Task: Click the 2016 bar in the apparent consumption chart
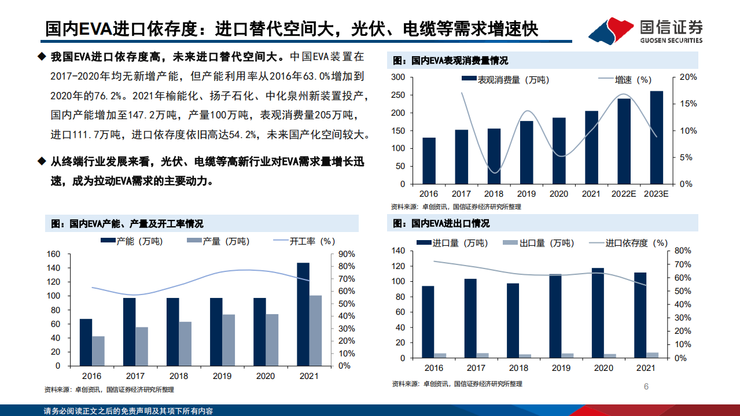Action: [429, 160]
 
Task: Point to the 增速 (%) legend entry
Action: [633, 80]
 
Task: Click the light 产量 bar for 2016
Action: [98, 351]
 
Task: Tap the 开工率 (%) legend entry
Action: [312, 241]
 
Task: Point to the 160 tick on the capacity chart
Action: [53, 254]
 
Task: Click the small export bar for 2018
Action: [525, 356]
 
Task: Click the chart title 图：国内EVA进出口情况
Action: [441, 223]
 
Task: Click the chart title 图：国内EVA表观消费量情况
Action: [450, 61]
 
